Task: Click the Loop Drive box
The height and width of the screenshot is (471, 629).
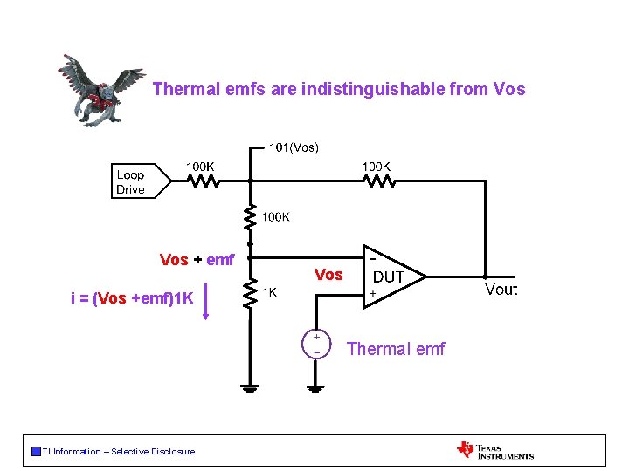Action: [132, 181]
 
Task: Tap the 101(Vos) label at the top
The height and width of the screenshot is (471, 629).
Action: [294, 147]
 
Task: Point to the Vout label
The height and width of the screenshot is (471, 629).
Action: [501, 290]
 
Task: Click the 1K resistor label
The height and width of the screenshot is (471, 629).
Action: [272, 291]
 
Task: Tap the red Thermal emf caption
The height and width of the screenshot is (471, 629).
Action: [396, 349]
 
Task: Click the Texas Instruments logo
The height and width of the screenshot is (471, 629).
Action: [494, 450]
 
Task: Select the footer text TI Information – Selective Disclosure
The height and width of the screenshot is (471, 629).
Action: [119, 451]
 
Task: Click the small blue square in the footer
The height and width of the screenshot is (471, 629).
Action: [36, 451]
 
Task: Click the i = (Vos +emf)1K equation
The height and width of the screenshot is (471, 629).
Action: [132, 298]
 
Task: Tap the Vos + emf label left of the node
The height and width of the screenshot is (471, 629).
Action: [197, 259]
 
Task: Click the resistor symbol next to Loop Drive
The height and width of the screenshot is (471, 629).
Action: [204, 181]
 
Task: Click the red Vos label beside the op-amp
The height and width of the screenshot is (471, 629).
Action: [328, 275]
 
